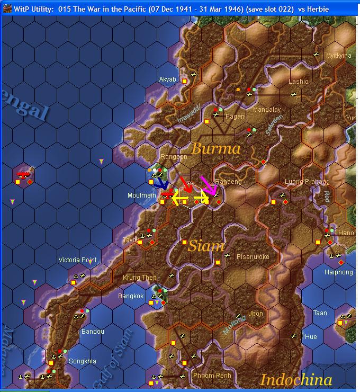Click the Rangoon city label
click(174, 157)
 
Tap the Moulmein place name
click(141, 195)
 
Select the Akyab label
click(167, 79)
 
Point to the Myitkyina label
click(338, 56)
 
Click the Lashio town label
click(298, 82)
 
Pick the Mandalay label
click(267, 110)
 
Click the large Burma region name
click(216, 148)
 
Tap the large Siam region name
click(206, 246)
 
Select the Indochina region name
click(296, 379)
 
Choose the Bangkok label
click(131, 296)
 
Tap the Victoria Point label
click(77, 260)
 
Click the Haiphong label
click(338, 272)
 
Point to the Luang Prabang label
click(307, 182)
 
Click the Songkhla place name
click(83, 361)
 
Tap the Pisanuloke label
click(253, 257)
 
